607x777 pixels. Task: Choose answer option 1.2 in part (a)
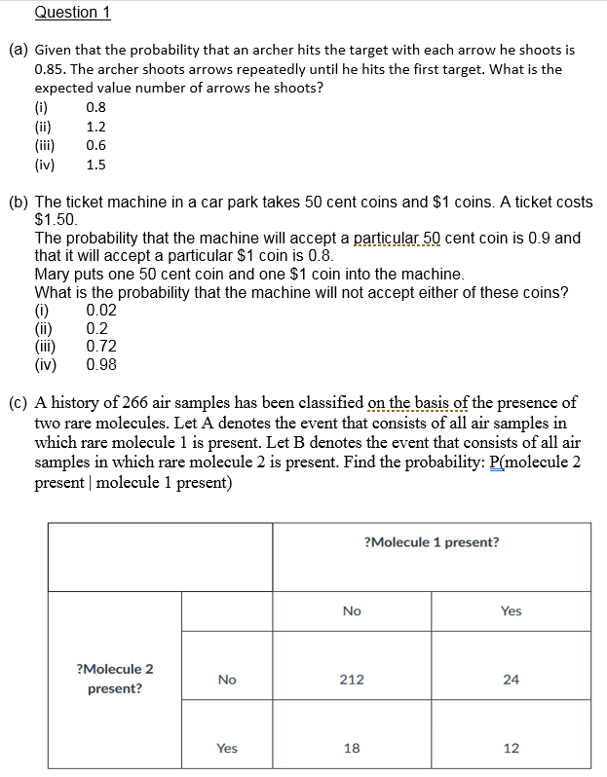(x=95, y=127)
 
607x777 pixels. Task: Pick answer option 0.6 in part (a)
(x=95, y=145)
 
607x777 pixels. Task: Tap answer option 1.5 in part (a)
(x=95, y=165)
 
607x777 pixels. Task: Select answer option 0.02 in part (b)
(x=101, y=311)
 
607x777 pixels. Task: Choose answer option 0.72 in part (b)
(x=101, y=347)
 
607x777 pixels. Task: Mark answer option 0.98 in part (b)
(x=101, y=365)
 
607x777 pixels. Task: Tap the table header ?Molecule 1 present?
(x=431, y=542)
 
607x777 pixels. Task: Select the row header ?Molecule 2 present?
(x=114, y=679)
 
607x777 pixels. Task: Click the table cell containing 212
(x=352, y=680)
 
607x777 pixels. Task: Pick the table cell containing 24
(x=511, y=680)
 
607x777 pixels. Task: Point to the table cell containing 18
(x=352, y=748)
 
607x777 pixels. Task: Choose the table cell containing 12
(x=511, y=748)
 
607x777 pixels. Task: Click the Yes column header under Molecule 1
(x=511, y=610)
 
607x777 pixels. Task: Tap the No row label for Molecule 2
(x=226, y=680)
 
